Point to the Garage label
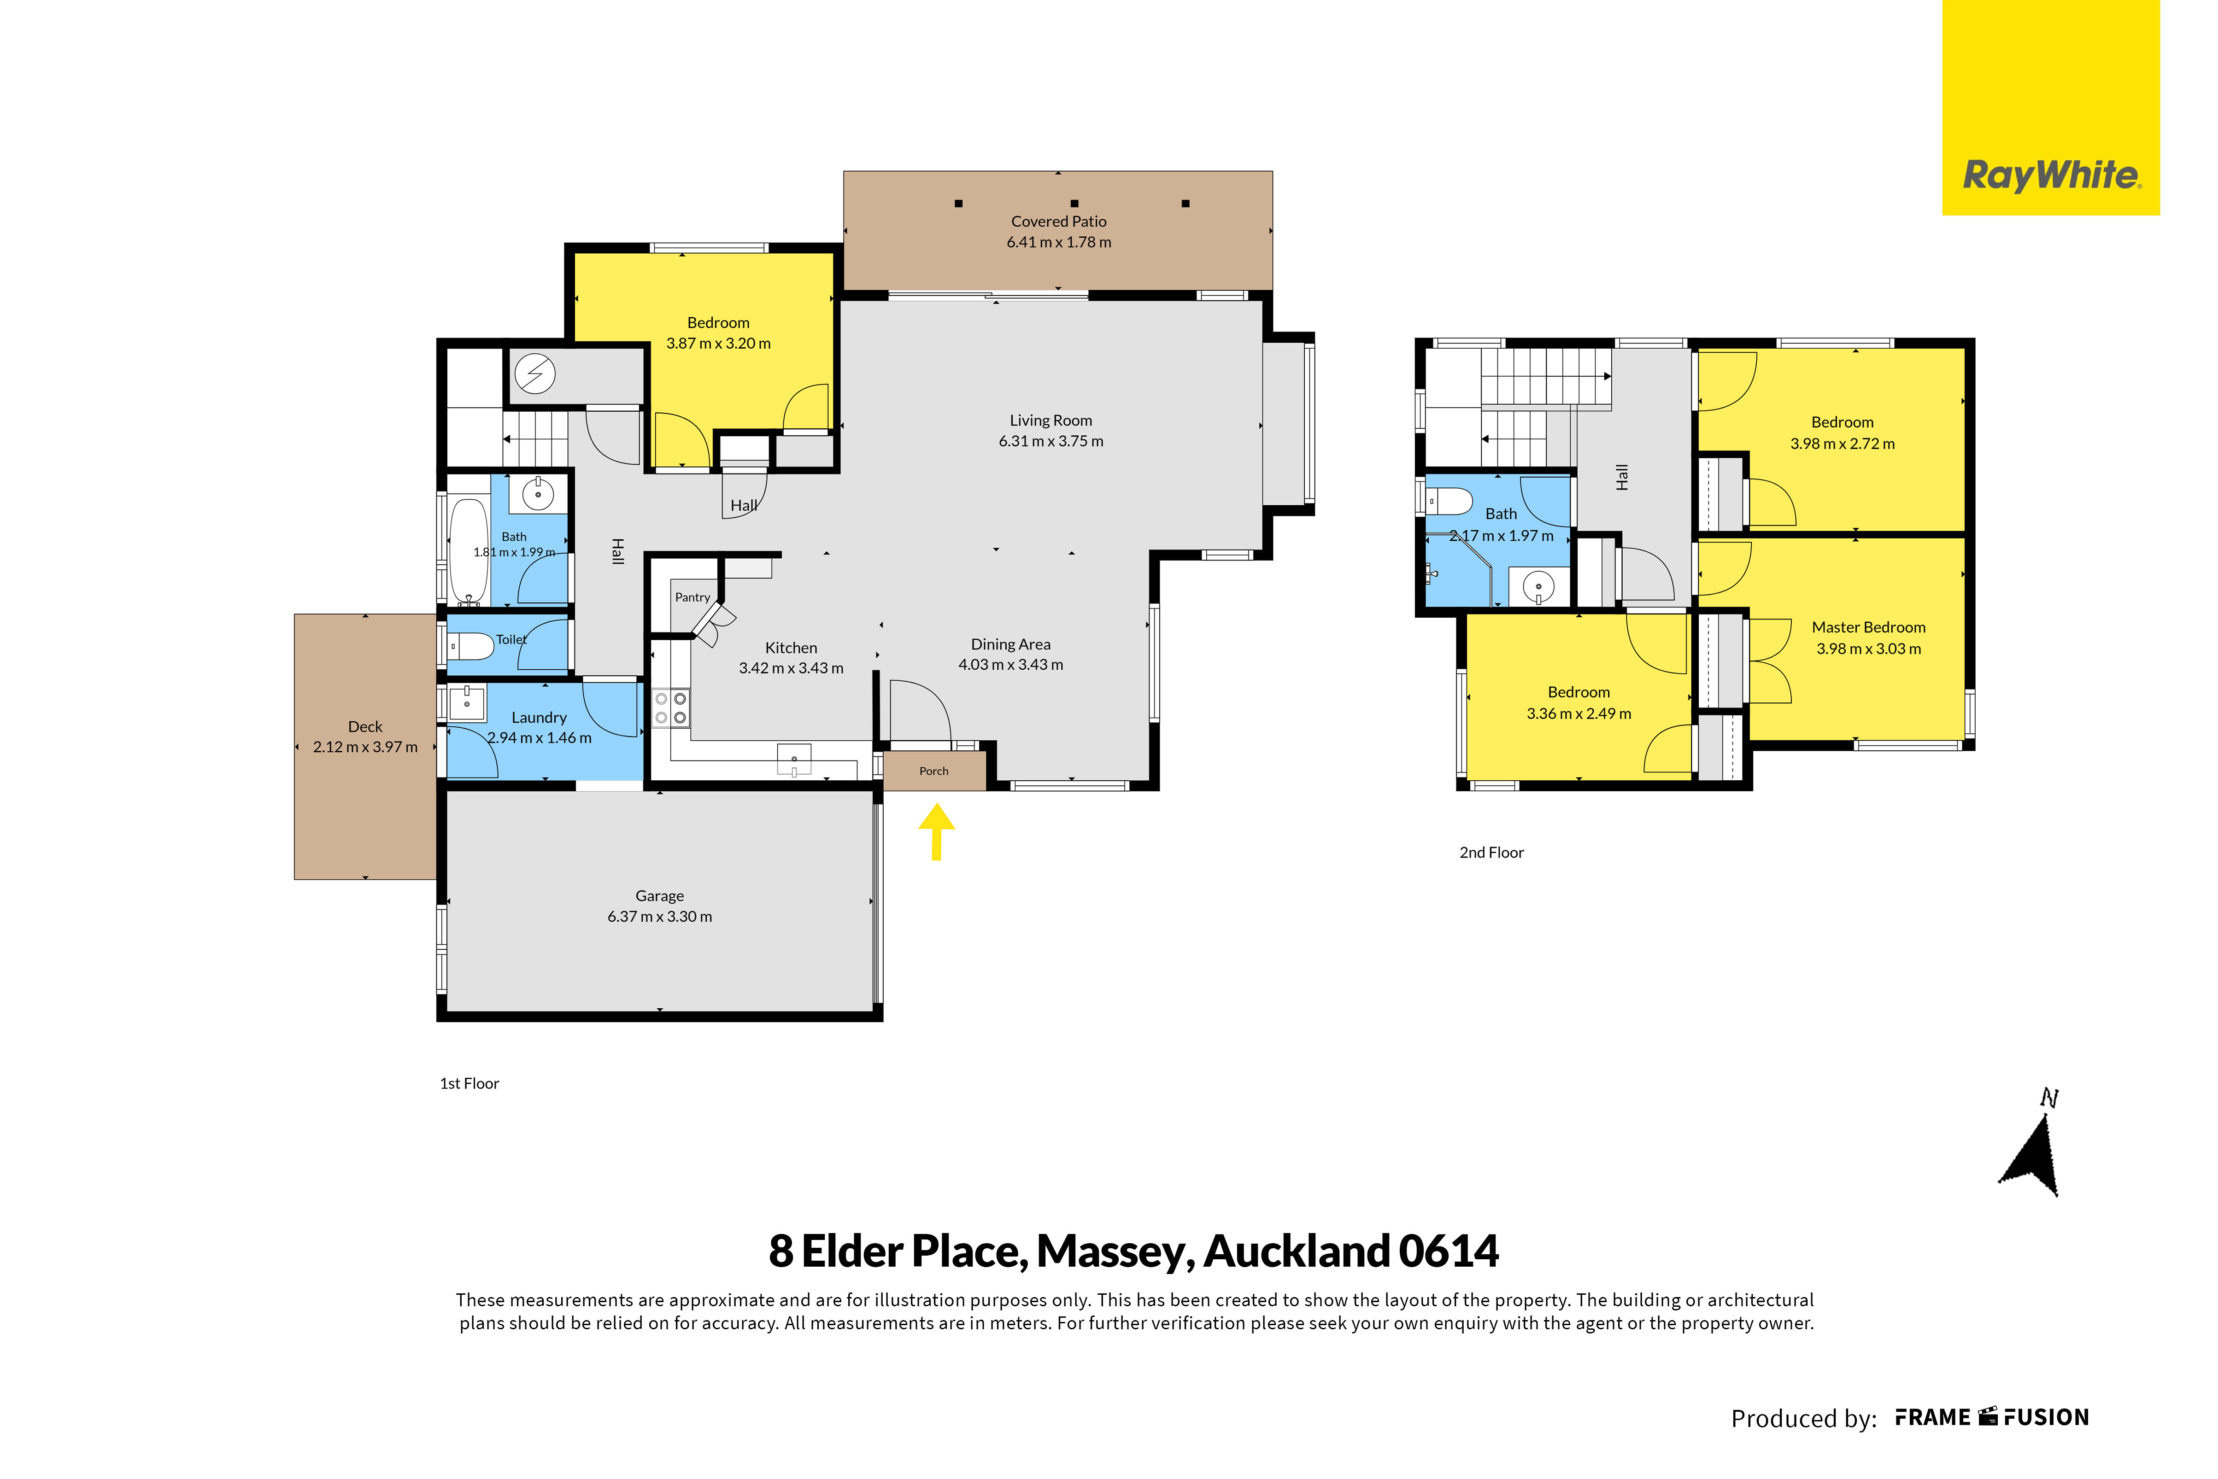coord(659,896)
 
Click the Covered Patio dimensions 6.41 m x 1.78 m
coord(1058,242)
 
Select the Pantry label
coord(692,597)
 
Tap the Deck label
coord(365,726)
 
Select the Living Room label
coord(1051,421)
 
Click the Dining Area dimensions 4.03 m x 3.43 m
coord(1010,665)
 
